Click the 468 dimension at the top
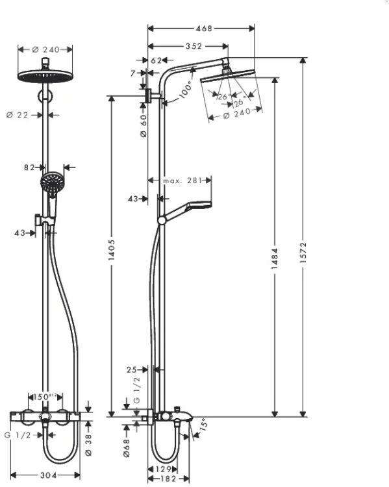(203, 28)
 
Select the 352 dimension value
(192, 46)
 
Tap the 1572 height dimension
(303, 249)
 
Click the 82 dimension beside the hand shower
(29, 167)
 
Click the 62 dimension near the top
(156, 60)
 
